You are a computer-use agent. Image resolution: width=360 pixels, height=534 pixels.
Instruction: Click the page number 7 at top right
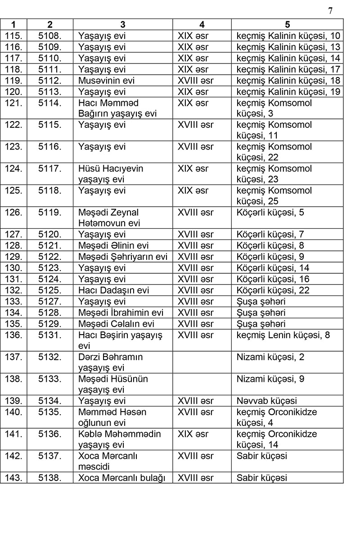click(x=331, y=11)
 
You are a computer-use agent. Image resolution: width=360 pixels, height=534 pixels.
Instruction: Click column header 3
click(x=122, y=25)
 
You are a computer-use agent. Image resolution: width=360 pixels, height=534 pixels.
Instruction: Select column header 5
click(x=287, y=25)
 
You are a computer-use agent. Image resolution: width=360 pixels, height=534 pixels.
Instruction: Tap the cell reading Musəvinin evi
click(x=106, y=81)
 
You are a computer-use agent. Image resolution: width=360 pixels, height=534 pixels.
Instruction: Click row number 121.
click(x=13, y=103)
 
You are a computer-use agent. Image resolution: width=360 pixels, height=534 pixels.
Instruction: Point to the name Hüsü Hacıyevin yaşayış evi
click(x=111, y=174)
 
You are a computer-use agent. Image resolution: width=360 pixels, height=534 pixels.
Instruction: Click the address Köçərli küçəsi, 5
click(x=270, y=212)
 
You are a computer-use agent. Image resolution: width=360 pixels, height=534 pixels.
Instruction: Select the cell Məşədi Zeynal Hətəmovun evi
click(x=109, y=217)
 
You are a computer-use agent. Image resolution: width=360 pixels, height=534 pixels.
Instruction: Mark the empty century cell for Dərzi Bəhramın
click(x=202, y=362)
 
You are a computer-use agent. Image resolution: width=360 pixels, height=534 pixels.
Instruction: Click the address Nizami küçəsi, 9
click(x=270, y=379)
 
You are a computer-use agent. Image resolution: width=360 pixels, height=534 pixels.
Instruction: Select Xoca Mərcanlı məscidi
click(x=108, y=461)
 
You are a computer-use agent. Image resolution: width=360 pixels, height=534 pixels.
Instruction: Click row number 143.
click(x=13, y=478)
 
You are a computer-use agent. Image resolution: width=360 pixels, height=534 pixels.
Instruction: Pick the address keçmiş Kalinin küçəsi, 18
click(x=288, y=81)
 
